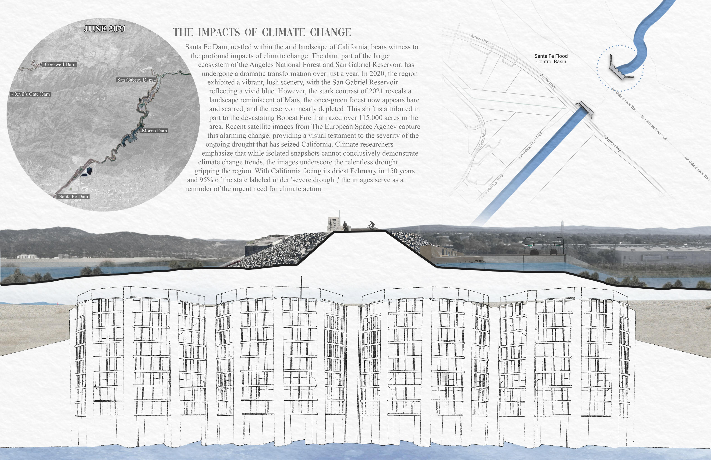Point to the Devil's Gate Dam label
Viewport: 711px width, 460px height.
pyautogui.click(x=31, y=94)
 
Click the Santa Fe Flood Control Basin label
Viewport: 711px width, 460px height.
pyautogui.click(x=551, y=59)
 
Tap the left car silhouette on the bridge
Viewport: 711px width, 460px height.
pyautogui.click(x=534, y=252)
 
